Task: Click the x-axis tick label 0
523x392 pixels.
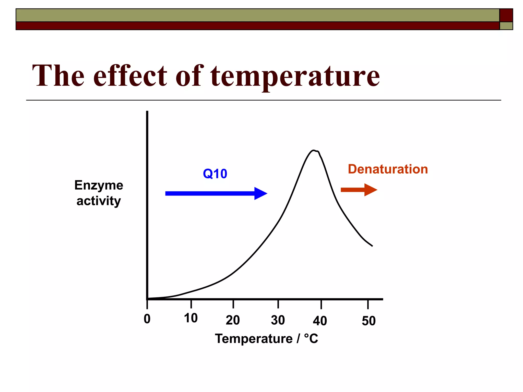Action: [147, 319]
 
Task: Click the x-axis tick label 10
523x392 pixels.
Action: [191, 318]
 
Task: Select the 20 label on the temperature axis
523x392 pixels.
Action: [233, 320]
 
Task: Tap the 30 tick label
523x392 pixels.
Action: [278, 320]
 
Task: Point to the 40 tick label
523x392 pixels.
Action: [320, 321]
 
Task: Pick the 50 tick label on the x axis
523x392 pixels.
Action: [369, 321]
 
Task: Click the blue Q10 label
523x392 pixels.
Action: [215, 174]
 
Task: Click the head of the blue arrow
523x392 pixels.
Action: [260, 193]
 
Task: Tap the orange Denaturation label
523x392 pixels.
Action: [388, 169]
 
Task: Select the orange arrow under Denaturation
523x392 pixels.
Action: [359, 190]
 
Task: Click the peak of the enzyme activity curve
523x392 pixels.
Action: [314, 151]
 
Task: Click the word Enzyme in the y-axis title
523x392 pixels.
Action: [99, 185]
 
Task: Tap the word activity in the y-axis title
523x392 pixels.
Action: [99, 201]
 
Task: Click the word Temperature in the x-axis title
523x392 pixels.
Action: [254, 339]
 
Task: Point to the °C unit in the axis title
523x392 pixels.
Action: [311, 339]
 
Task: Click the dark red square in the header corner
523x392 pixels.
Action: [506, 15]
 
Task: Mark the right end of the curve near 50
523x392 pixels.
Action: [372, 246]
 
